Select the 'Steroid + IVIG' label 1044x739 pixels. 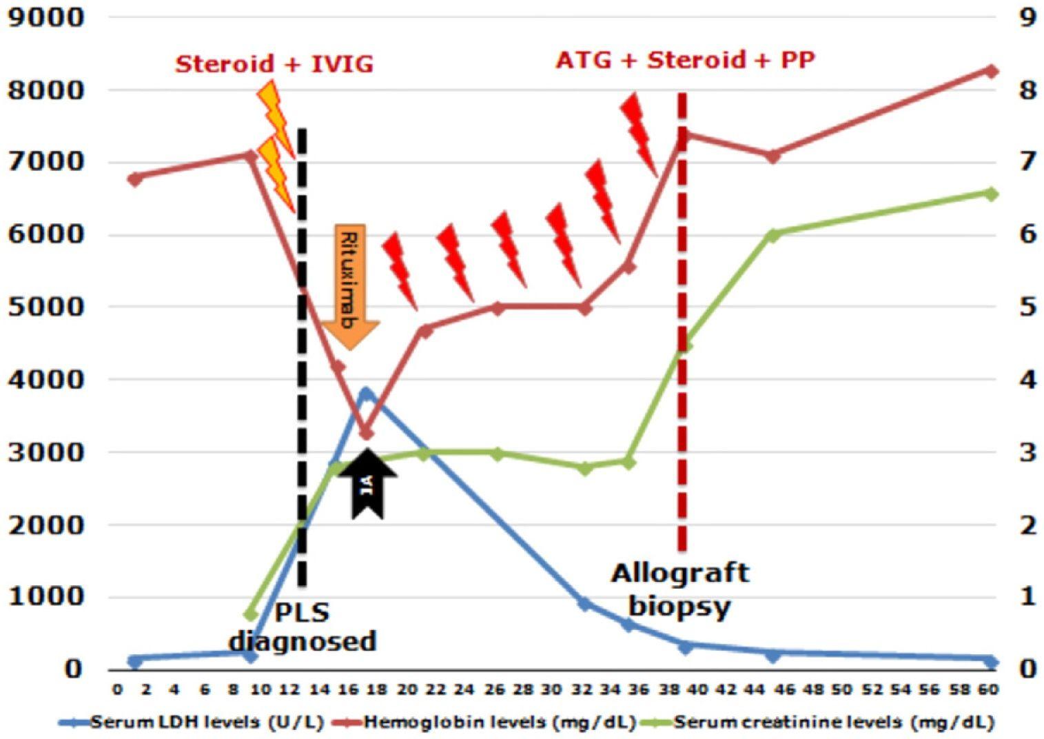274,64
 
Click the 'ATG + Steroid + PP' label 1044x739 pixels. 685,61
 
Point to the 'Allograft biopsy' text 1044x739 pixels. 679,589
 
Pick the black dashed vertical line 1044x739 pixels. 302,345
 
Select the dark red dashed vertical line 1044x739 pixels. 682,310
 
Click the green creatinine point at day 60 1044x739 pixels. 990,194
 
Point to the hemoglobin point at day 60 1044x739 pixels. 990,71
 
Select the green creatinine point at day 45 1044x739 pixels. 773,235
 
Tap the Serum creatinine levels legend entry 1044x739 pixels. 817,722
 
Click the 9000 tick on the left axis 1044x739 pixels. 45,17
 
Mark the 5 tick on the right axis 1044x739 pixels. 1027,307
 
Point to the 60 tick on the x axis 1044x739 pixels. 990,689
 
